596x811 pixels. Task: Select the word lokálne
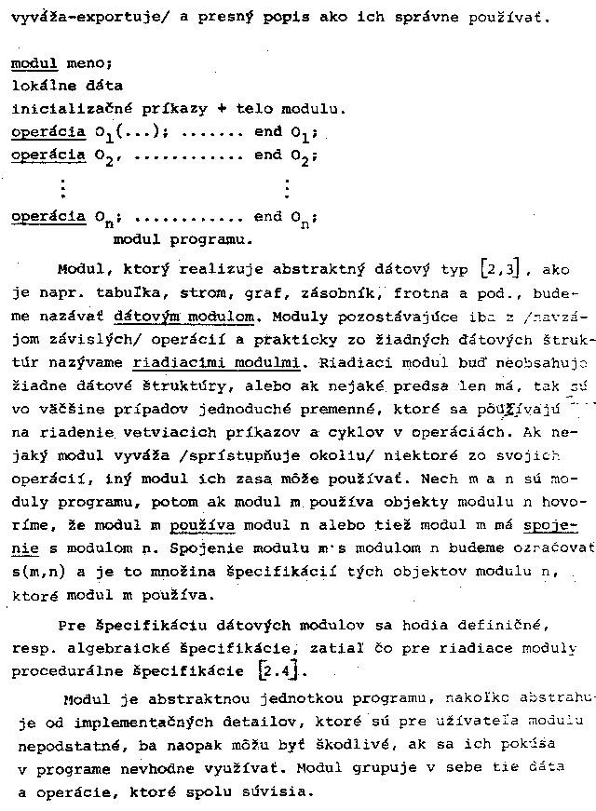coord(41,86)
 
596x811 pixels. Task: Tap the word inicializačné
coord(61,108)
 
